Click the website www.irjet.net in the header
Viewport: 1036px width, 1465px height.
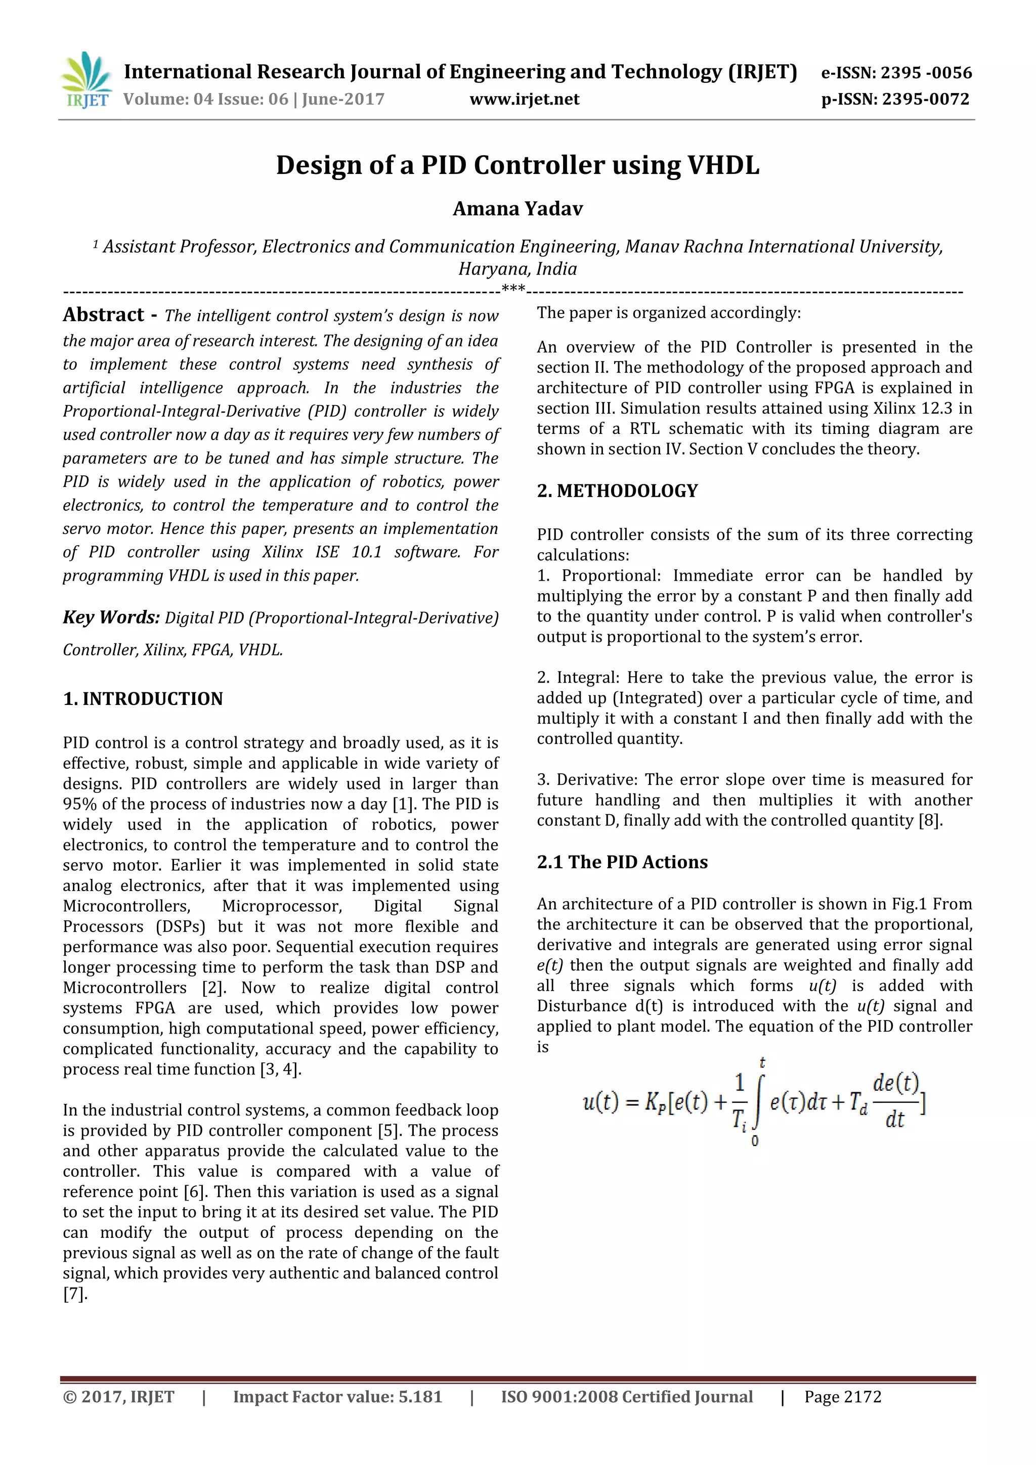tap(524, 99)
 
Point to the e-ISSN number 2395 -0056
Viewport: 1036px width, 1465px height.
tap(926, 73)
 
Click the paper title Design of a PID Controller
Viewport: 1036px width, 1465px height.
tap(517, 165)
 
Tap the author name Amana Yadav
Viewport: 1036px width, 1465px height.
tap(517, 209)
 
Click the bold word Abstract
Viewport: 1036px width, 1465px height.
tap(103, 315)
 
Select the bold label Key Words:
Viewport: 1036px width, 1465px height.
tap(111, 617)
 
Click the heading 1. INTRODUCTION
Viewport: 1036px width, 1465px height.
tap(143, 699)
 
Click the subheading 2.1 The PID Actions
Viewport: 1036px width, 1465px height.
tap(622, 862)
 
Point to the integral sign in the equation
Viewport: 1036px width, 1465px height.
tap(757, 1104)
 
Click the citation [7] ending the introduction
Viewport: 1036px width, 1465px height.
tap(74, 1294)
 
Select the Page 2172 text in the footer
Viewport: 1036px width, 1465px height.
tap(843, 1397)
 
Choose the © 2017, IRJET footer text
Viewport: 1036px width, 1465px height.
tap(119, 1397)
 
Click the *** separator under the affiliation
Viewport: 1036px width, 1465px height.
tap(513, 289)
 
